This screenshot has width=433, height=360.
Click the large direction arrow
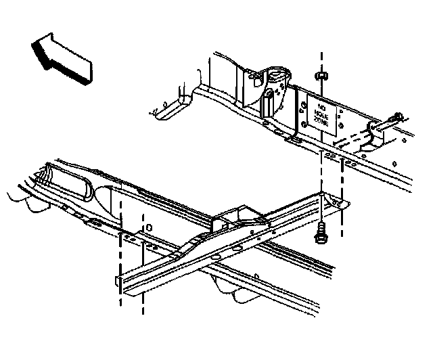point(61,60)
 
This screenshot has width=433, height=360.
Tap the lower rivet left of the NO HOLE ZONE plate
point(302,125)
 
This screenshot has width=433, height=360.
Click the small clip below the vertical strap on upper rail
point(292,139)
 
